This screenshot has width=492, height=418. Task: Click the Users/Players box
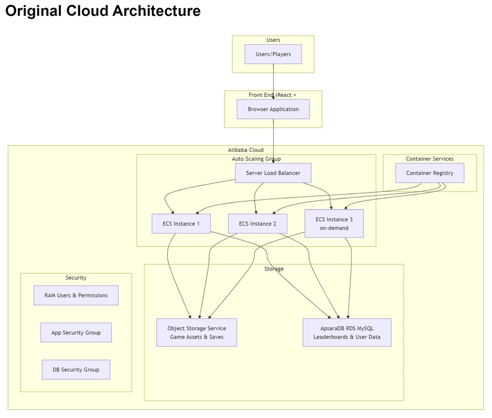273,54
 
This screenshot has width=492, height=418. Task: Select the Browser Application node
273,109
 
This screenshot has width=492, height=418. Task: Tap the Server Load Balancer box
273,173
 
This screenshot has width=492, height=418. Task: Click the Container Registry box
429,173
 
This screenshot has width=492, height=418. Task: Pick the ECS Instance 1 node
181,224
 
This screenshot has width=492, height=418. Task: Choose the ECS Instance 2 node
257,224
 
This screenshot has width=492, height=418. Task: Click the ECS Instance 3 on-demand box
334,224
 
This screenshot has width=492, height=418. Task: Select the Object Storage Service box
196,333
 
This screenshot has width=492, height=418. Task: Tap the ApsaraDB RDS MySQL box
347,333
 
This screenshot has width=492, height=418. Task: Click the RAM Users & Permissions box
76,296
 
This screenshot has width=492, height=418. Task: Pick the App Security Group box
76,333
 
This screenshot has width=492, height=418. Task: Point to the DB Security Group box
76,369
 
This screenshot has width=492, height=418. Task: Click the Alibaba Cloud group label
245,150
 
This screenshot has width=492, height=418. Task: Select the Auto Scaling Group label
256,159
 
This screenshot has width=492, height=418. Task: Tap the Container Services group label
429,159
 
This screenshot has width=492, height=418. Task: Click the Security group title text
76,277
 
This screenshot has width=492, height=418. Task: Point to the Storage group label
274,269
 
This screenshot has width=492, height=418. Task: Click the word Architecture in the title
156,10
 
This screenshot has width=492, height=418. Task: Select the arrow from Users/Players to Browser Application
273,82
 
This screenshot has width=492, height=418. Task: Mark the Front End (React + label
272,95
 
